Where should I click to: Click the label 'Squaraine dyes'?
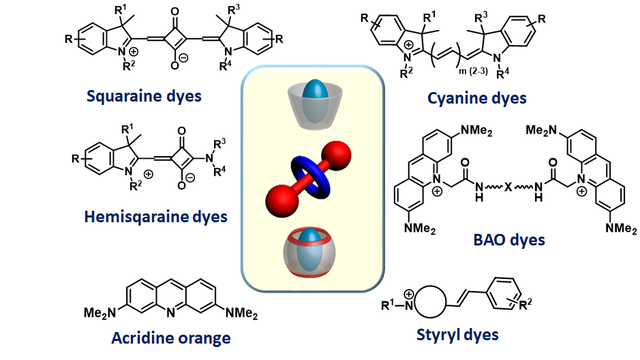tap(144, 95)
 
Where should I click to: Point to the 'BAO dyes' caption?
tap(508, 240)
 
